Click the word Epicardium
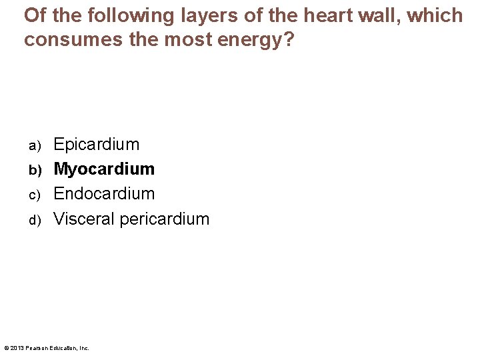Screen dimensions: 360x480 pos(97,145)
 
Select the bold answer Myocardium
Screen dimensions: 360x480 pos(104,169)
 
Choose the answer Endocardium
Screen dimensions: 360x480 pos(104,194)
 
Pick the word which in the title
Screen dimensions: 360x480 pos(435,15)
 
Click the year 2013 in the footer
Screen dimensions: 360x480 pos(17,348)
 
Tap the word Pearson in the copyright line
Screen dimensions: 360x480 pos(37,348)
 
